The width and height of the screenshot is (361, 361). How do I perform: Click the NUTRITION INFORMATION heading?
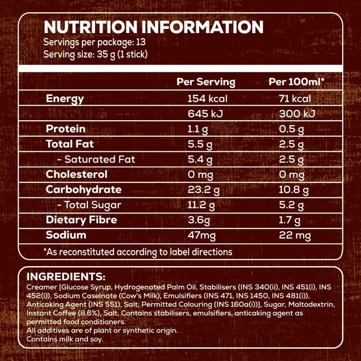153,27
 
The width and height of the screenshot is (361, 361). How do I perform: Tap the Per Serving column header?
206,82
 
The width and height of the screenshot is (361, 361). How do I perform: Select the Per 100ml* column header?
296,82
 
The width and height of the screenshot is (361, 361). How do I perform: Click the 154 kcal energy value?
207,99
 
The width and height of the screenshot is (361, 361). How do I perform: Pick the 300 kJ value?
297,114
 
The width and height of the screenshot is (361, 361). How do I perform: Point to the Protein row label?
66,129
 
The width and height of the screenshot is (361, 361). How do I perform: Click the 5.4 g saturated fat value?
200,160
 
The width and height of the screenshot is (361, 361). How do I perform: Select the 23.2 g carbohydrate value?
203,190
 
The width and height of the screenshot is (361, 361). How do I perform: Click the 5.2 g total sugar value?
291,205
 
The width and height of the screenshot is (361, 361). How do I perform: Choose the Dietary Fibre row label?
81,220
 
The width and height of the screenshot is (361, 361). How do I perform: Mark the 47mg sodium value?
201,235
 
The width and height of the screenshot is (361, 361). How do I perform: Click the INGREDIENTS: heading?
66,277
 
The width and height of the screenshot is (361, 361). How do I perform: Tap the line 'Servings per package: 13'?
94,43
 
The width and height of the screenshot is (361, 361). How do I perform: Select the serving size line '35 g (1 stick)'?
95,55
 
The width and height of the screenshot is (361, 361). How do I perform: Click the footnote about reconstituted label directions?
138,252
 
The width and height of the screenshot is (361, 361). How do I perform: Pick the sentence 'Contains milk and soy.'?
65,339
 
